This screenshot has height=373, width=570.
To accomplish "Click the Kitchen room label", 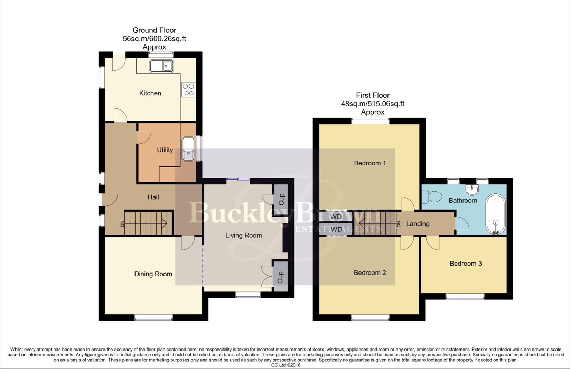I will tap(150, 93).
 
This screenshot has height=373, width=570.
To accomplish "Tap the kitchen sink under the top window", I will tap(161, 66).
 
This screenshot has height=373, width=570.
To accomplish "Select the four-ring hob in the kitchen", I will tap(188, 90).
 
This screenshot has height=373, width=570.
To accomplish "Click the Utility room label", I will tap(165, 150).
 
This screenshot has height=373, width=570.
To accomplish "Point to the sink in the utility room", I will tap(188, 149).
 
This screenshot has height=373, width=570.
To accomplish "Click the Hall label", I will tap(153, 197).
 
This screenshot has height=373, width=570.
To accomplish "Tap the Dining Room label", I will tap(153, 274).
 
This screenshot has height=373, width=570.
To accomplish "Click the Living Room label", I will tap(243, 235).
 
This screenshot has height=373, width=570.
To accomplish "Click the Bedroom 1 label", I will tap(370, 163).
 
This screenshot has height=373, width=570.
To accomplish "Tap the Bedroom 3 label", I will tap(466, 264).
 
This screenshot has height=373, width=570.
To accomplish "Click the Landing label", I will tap(418, 224).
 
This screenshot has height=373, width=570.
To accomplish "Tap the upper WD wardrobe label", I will tap(336, 217).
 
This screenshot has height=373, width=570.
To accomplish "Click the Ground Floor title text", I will tap(154, 30).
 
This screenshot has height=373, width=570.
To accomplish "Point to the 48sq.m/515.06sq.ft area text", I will tap(372, 104).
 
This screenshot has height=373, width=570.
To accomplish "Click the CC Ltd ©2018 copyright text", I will tap(286, 365).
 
